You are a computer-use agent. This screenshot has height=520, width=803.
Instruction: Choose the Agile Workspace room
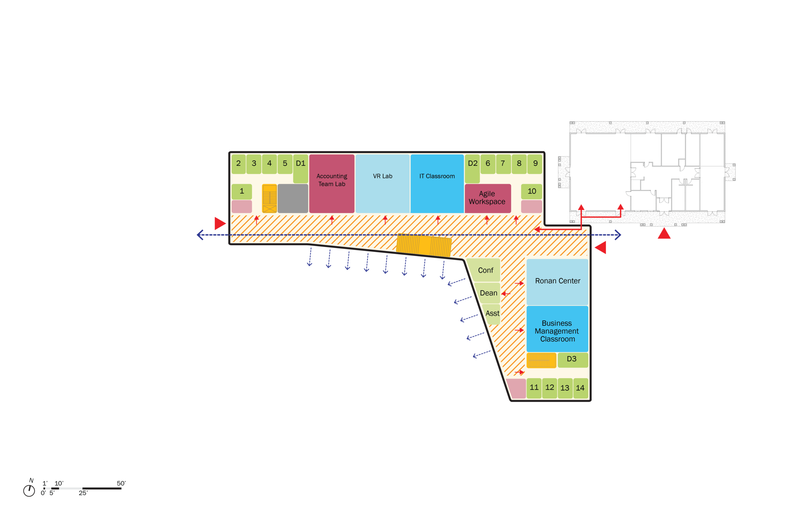coord(487,198)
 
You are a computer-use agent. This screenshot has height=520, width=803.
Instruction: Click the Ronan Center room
coord(557,282)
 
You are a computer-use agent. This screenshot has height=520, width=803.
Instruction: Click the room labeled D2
coord(472,166)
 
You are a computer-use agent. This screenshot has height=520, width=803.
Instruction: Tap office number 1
coord(242,192)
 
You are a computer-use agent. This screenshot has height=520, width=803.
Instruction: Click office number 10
coord(532,192)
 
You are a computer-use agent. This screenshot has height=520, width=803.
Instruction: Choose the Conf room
coord(486,271)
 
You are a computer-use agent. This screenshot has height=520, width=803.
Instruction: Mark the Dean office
coord(489,293)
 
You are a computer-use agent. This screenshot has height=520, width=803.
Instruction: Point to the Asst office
coord(493,314)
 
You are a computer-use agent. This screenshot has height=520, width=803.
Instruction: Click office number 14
coord(580,388)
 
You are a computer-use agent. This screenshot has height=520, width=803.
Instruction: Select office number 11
coord(534,388)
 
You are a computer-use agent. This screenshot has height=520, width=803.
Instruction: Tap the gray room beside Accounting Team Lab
coord(293,198)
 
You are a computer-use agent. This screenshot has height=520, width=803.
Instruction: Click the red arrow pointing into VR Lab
coord(385,220)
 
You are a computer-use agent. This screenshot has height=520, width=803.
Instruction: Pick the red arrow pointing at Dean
coord(506,294)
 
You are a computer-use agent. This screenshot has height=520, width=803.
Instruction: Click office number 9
coord(535,164)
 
